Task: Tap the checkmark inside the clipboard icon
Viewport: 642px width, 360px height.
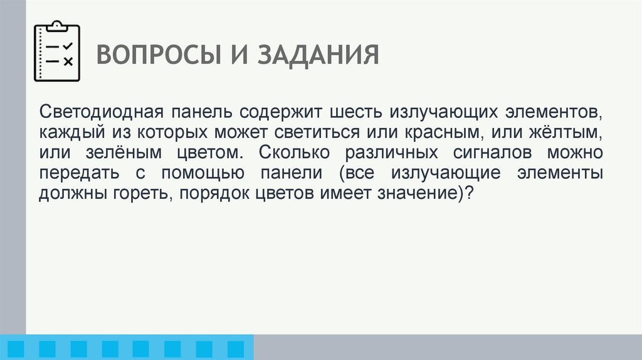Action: point(68,46)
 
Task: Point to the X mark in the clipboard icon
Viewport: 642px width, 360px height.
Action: point(68,61)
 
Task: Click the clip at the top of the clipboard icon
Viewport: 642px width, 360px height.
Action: point(57,26)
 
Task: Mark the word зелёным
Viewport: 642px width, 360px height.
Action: point(125,153)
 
